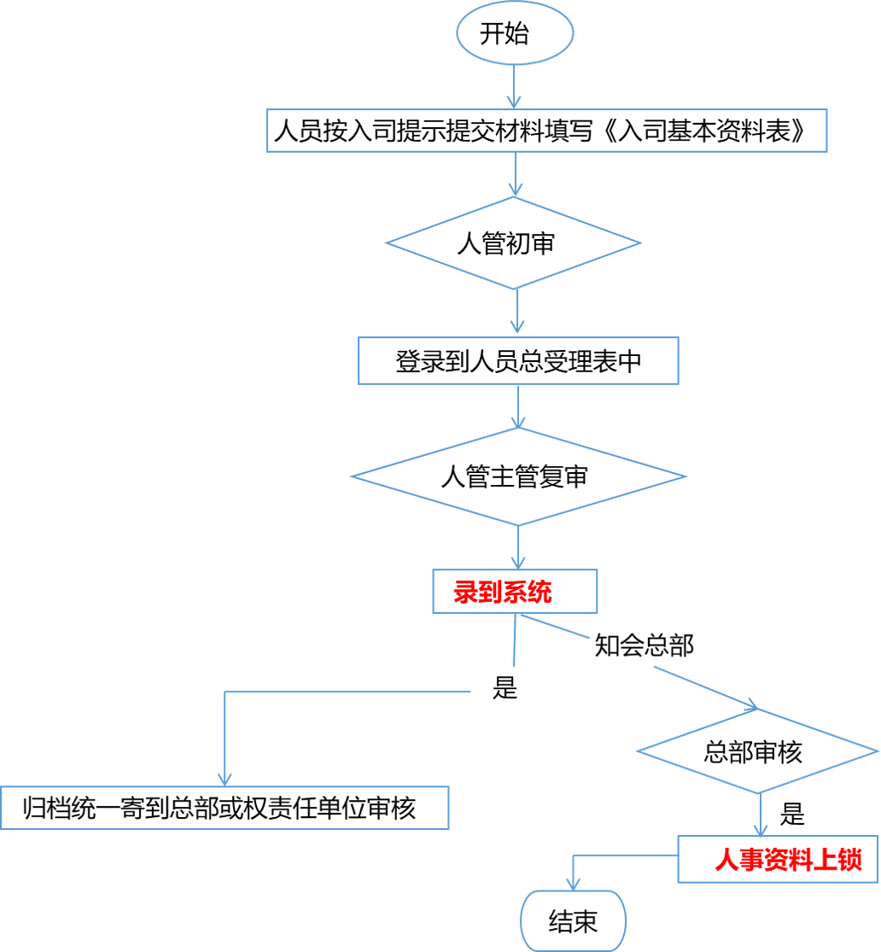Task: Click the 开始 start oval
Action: [x=515, y=35]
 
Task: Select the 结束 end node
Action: [x=574, y=921]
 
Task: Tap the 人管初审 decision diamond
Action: [x=512, y=243]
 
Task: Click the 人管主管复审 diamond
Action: [x=518, y=476]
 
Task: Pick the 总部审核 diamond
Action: [x=756, y=752]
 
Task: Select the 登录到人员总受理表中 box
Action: [x=518, y=361]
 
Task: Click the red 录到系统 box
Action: [x=514, y=592]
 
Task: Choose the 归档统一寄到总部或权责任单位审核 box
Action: [x=225, y=807]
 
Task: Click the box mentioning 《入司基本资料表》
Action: [x=546, y=131]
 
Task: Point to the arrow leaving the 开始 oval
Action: [x=515, y=85]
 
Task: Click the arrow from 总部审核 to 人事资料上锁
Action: [x=758, y=815]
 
